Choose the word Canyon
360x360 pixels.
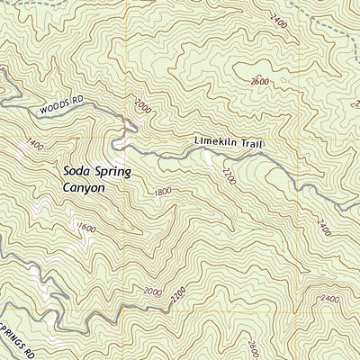[x=85, y=188]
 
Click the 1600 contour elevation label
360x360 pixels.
[x=86, y=227]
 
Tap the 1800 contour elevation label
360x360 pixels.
[x=162, y=192]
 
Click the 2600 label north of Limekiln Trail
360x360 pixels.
[x=260, y=81]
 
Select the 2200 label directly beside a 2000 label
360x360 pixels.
[x=177, y=292]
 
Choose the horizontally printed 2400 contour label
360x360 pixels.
[x=328, y=299]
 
